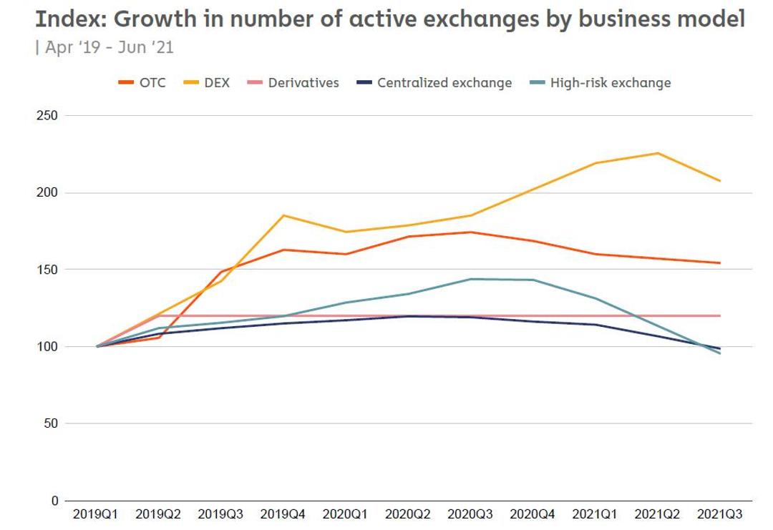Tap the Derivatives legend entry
pyautogui.click(x=293, y=83)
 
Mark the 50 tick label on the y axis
pyautogui.click(x=49, y=423)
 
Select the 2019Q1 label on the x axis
pyautogui.click(x=97, y=514)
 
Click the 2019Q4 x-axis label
pyautogui.click(x=283, y=514)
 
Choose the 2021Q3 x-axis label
pyautogui.click(x=719, y=514)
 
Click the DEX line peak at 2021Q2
pyautogui.click(x=658, y=153)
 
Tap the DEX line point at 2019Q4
pyautogui.click(x=283, y=215)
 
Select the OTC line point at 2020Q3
pyautogui.click(x=471, y=232)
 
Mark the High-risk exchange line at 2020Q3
pyautogui.click(x=471, y=279)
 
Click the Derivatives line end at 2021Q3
pyautogui.click(x=719, y=315)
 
